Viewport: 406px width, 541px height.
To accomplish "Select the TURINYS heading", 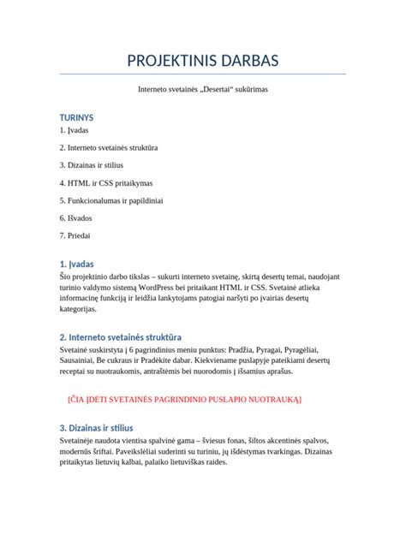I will pos(76,116).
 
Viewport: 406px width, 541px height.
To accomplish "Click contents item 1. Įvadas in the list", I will pos(74,130).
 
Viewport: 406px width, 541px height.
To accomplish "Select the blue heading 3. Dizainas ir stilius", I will pos(96,426).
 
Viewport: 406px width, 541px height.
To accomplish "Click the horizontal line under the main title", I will pos(202,74).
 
